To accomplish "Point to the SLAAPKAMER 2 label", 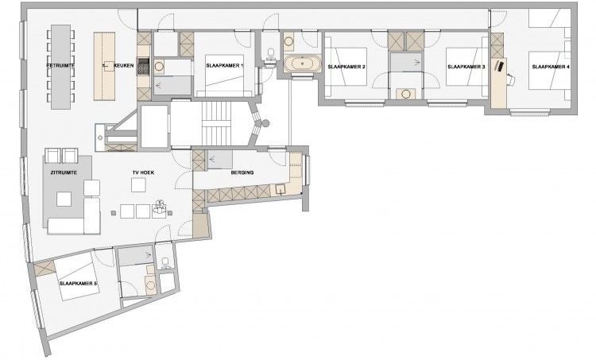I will (347, 66).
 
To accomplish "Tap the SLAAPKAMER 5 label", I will (77, 283).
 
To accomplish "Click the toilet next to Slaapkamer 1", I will (273, 53).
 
